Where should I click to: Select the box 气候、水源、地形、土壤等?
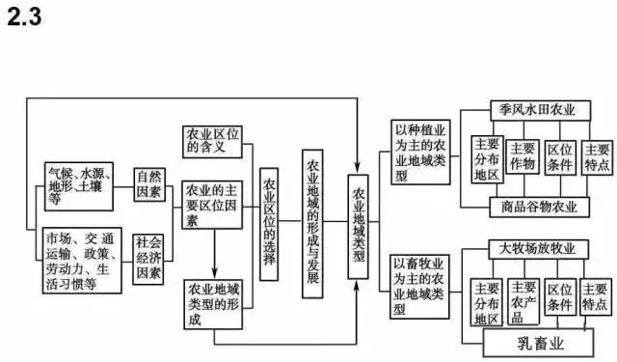click(84, 184)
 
